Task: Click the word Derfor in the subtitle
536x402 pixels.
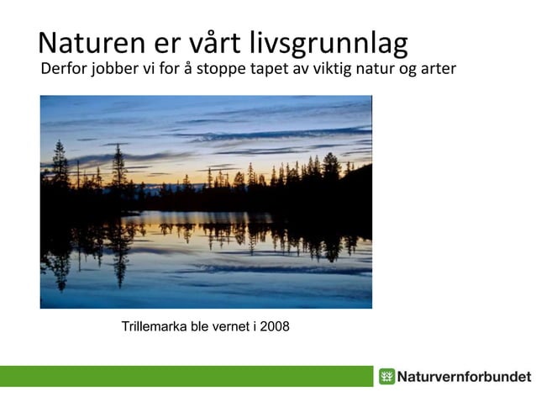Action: (63, 68)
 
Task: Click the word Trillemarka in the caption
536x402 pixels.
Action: (156, 325)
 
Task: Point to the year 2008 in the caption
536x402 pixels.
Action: (275, 325)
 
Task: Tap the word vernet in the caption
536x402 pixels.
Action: (229, 325)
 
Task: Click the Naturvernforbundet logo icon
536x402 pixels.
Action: (386, 376)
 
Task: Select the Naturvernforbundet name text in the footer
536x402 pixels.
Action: (464, 376)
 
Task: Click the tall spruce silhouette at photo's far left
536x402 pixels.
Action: (60, 168)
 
